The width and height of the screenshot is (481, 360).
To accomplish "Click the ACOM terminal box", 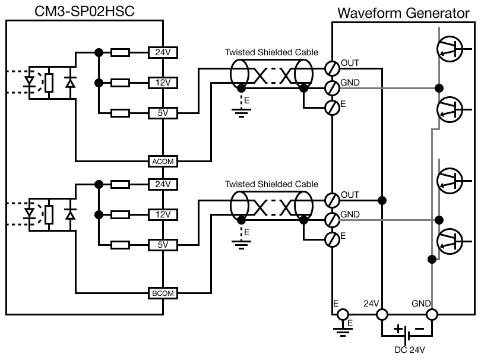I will coord(163,161).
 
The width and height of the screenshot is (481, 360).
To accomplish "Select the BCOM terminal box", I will coord(163,293).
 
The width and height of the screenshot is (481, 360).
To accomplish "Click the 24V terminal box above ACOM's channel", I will coord(163,52).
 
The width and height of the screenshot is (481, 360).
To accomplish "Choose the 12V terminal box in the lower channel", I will coord(163,214).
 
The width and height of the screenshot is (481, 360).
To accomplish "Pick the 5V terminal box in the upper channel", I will coord(163,113).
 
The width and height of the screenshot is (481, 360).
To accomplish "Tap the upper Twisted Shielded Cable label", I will coord(271,52).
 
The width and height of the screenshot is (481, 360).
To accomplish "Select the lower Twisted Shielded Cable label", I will coord(271,184).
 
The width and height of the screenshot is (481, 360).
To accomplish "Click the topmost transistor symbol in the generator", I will coord(450,49).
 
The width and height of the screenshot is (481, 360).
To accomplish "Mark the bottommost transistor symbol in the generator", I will coord(450,240).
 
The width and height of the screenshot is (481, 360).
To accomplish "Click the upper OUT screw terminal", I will coord(332,68).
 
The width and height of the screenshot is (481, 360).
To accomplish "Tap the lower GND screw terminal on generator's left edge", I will coord(332,219).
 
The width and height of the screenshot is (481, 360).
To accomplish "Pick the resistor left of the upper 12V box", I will coord(121,83).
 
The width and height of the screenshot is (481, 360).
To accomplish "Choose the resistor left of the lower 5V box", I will coord(121,245).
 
